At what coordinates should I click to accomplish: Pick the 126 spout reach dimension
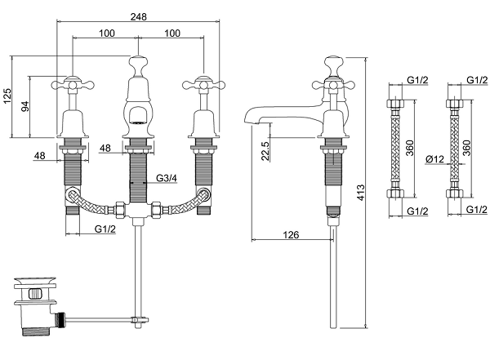(x=292, y=234)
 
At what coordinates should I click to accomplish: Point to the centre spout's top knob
(x=137, y=61)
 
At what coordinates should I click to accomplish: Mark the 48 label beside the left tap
(x=39, y=155)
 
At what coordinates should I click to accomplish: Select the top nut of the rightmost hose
(x=453, y=104)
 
